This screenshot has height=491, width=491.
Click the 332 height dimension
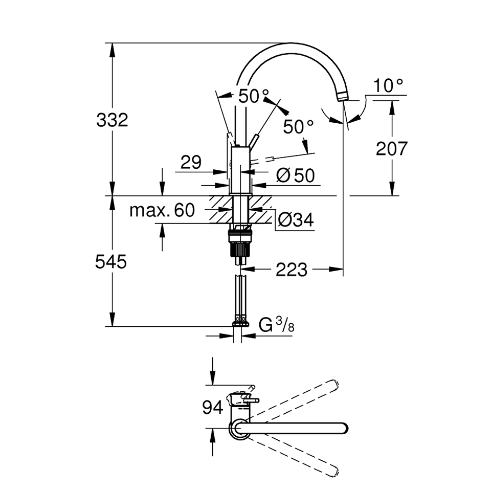[112, 120]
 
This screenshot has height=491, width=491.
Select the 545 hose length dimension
[111, 261]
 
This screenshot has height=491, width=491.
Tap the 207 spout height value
[392, 148]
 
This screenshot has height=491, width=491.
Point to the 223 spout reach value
[292, 270]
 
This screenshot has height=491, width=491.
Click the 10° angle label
[388, 85]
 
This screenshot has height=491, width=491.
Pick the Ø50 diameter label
[295, 175]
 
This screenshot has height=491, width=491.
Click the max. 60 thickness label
[162, 210]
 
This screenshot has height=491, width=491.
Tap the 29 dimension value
[191, 162]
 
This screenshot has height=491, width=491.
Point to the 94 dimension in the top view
[213, 408]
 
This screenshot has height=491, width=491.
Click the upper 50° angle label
[254, 96]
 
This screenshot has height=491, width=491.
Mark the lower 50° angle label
[298, 127]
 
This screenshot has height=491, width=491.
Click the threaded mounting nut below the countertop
[240, 242]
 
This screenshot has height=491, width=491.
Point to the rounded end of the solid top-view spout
[344, 429]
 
